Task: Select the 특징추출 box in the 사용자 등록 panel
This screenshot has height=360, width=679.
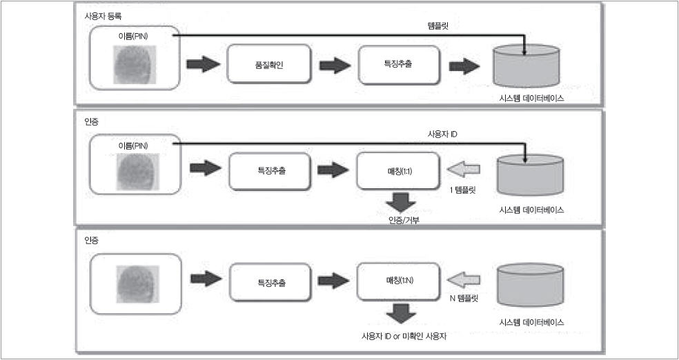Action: [399, 66]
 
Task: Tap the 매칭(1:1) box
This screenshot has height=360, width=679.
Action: [397, 170]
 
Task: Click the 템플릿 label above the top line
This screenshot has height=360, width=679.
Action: [440, 25]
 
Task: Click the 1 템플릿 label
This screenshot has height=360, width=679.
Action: [463, 190]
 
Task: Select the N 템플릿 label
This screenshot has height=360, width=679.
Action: [464, 299]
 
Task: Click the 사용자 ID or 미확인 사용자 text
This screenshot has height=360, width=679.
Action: [399, 335]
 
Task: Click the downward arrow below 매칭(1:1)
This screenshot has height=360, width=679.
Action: [399, 202]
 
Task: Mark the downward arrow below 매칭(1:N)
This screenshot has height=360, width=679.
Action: [399, 313]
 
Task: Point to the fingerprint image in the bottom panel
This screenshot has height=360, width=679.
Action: [135, 281]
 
